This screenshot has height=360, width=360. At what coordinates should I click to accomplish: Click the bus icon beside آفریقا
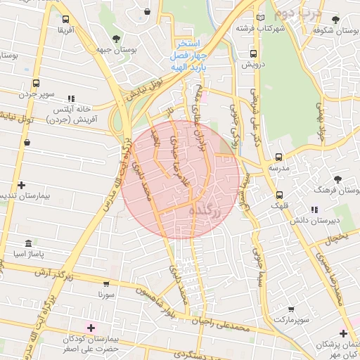coord(65,20)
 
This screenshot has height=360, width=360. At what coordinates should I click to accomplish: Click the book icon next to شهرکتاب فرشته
coord(261,18)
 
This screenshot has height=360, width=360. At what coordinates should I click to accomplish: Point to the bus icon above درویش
coord(252,53)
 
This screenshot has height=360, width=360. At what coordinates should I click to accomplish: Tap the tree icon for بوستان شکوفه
coord(335,20)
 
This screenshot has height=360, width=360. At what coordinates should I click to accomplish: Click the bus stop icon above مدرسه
coord(279,157)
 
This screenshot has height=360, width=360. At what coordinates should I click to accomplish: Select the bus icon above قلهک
coord(280,195)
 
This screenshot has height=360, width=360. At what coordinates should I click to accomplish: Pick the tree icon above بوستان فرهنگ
coord(338,179)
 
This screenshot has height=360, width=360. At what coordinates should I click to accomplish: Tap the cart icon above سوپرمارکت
coord(291,309)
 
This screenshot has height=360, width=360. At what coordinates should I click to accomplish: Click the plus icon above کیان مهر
coord(343,333)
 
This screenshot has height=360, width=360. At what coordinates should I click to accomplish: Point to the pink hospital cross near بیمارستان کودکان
coord(91,328)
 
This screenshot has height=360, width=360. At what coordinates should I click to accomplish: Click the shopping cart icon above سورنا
coord(106,285)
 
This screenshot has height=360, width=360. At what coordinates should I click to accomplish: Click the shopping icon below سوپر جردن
coord(27,143)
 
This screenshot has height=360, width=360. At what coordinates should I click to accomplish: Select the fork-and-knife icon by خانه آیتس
coord(70,99)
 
